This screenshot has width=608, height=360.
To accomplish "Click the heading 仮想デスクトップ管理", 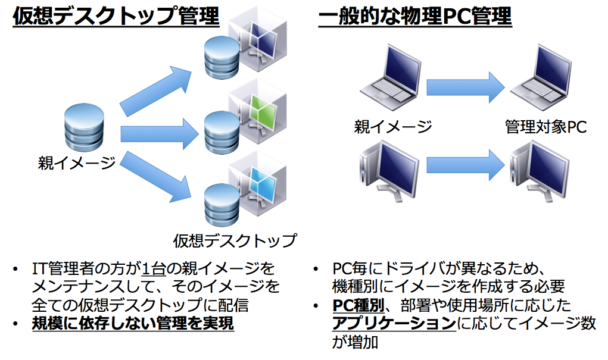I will point(116,17).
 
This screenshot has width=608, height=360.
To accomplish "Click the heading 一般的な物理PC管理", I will point(415,17).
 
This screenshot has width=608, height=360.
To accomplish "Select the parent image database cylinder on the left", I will point(83,127).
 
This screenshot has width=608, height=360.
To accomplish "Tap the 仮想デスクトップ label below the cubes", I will point(234,240).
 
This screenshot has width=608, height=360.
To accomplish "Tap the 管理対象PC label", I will point(545,127).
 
